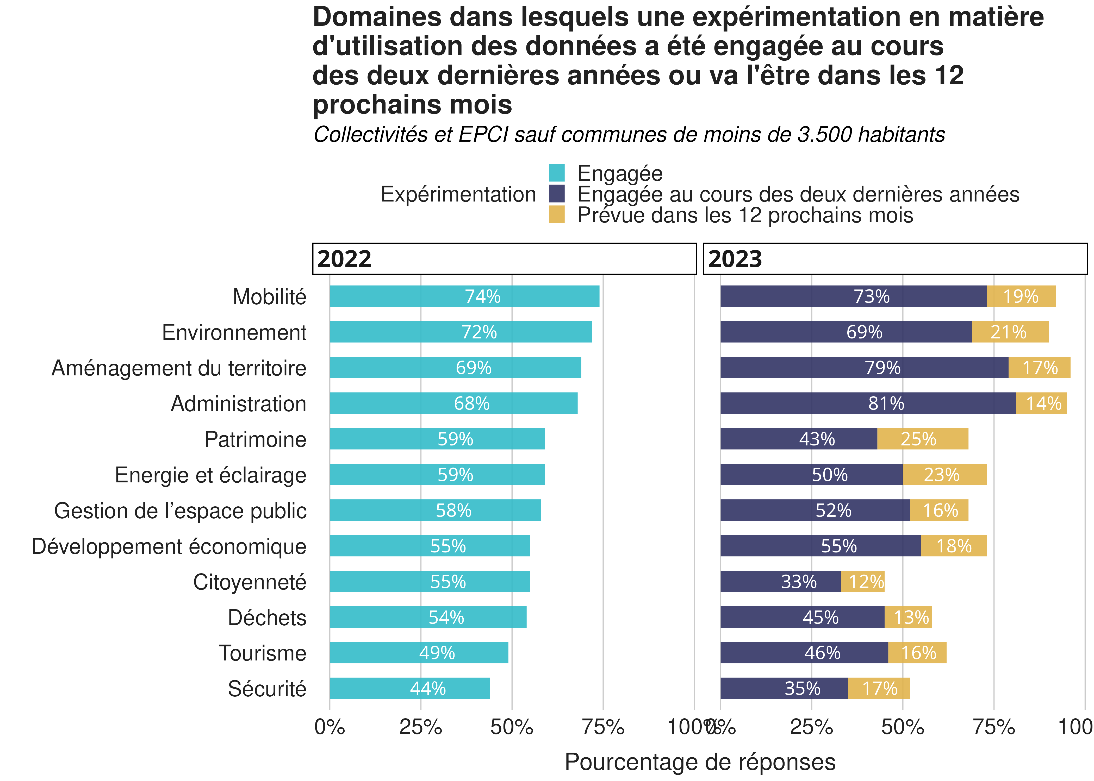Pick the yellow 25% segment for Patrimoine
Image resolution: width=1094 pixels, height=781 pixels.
coord(922,439)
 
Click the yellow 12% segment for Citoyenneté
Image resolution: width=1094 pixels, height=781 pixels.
coord(862,581)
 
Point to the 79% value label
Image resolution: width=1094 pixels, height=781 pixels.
coord(882,368)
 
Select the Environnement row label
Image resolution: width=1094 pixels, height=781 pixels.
coord(234,332)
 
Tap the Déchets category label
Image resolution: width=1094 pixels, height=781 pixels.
coord(267,618)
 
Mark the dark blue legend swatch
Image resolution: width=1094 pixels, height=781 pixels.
coord(557,194)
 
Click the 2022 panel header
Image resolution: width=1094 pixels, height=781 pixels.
coord(504,259)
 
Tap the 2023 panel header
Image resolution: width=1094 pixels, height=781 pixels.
coord(895,259)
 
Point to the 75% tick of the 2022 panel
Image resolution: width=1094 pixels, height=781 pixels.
coord(603,727)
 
